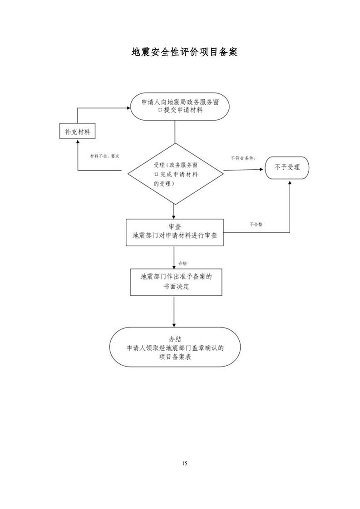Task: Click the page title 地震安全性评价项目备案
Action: pyautogui.click(x=184, y=52)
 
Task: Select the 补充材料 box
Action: pyautogui.click(x=77, y=131)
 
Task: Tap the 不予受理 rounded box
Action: pyautogui.click(x=287, y=167)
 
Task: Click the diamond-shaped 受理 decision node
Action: pyautogui.click(x=175, y=174)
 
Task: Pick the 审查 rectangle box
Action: pyautogui.click(x=175, y=232)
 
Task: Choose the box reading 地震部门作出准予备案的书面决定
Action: pyautogui.click(x=176, y=282)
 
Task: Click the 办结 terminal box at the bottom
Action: pyautogui.click(x=175, y=347)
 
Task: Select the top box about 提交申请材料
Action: pyautogui.click(x=180, y=107)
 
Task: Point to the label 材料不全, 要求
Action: pyautogui.click(x=104, y=156)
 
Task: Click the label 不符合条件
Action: pyautogui.click(x=243, y=158)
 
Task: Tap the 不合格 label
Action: pyautogui.click(x=256, y=224)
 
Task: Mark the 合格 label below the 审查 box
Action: pyautogui.click(x=182, y=263)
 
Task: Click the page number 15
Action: pyautogui.click(x=185, y=463)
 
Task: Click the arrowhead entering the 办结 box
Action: pyautogui.click(x=174, y=325)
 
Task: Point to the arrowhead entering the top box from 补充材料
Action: pyautogui.click(x=128, y=108)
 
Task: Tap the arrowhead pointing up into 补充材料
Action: pyautogui.click(x=77, y=142)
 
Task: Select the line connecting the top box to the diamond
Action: pyautogui.click(x=175, y=132)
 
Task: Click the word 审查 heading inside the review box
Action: pyautogui.click(x=175, y=227)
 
